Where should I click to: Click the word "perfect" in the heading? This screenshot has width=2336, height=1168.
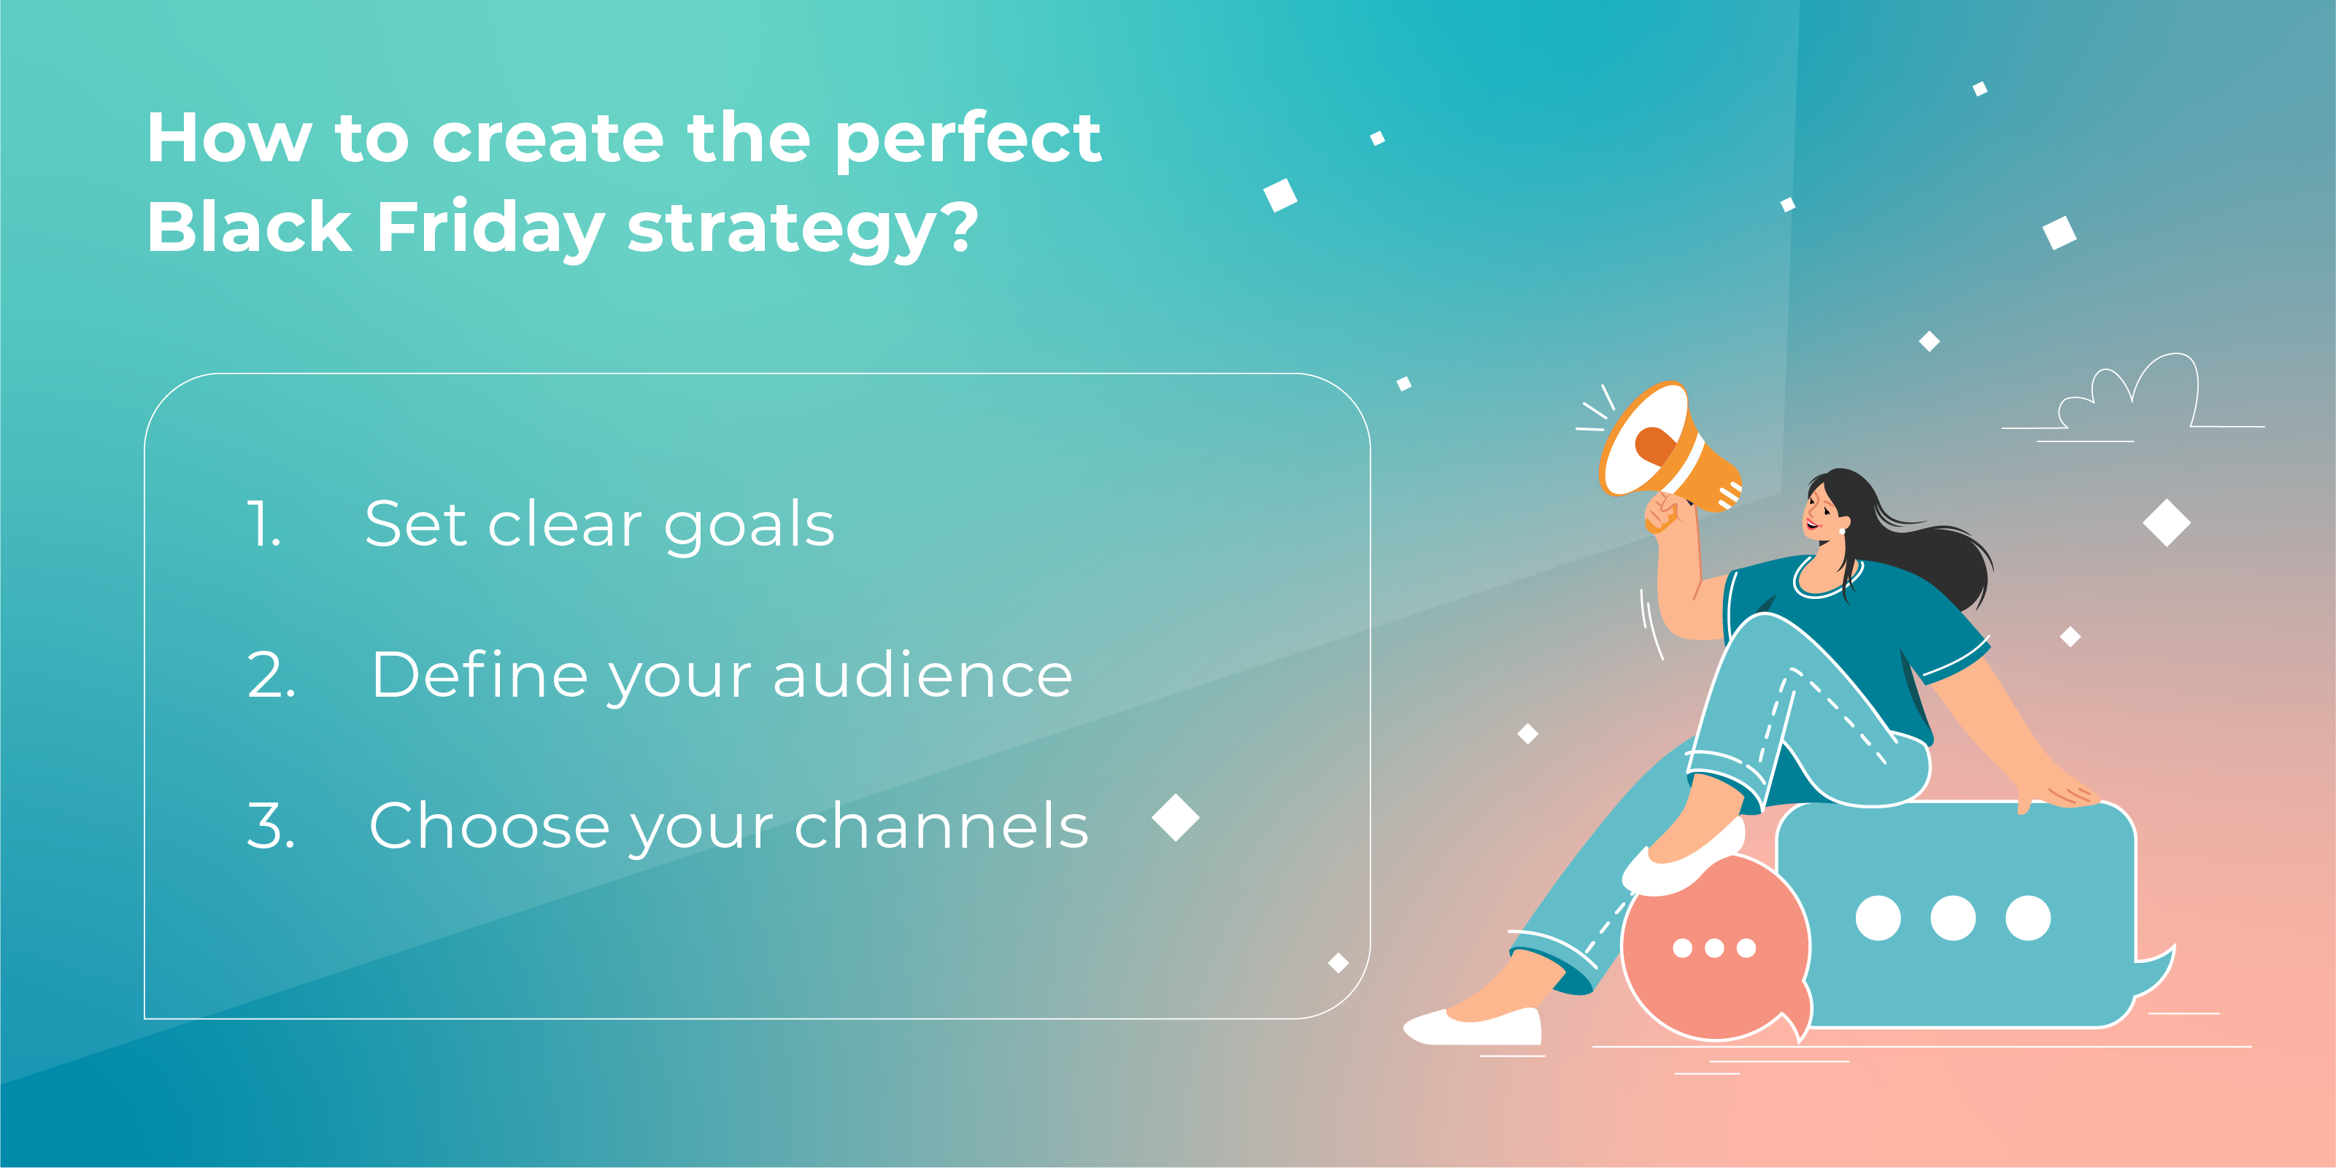click(968, 141)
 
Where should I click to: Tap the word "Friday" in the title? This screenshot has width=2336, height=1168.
click(490, 229)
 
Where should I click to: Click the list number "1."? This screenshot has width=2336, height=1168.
click(264, 524)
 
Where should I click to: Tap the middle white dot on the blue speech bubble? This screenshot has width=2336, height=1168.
click(1952, 918)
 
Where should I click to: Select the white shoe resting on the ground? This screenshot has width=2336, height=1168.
click(1473, 1027)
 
